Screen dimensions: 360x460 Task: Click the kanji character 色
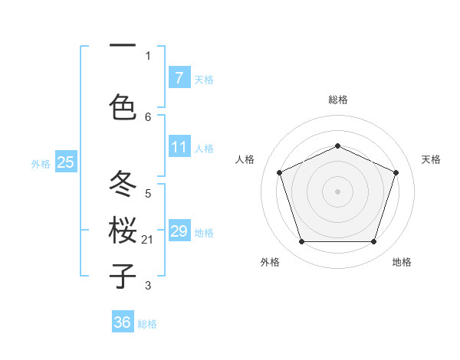point(123,106)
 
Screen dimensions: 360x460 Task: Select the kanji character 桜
point(123,230)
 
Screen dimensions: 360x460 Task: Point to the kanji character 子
point(123,276)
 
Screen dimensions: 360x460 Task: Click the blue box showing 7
point(179,77)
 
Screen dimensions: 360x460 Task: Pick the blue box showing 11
point(179,147)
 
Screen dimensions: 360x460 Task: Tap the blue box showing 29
point(179,231)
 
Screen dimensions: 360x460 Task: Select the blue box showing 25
point(65,162)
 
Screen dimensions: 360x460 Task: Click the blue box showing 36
point(123,322)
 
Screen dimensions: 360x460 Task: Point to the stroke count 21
point(148,240)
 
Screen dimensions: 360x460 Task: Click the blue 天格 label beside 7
point(204,79)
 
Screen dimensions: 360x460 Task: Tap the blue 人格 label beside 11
point(204,149)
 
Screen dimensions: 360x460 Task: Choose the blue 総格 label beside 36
point(147,324)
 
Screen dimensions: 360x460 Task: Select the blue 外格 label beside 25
point(41,164)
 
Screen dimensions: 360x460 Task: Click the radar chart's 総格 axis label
point(338,100)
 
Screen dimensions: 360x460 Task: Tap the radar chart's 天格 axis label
point(431,159)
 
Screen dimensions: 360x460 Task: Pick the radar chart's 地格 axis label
point(402,262)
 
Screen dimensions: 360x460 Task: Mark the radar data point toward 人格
point(279,172)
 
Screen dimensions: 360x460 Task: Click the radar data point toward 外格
point(301,242)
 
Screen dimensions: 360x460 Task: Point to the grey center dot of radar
point(337,191)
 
